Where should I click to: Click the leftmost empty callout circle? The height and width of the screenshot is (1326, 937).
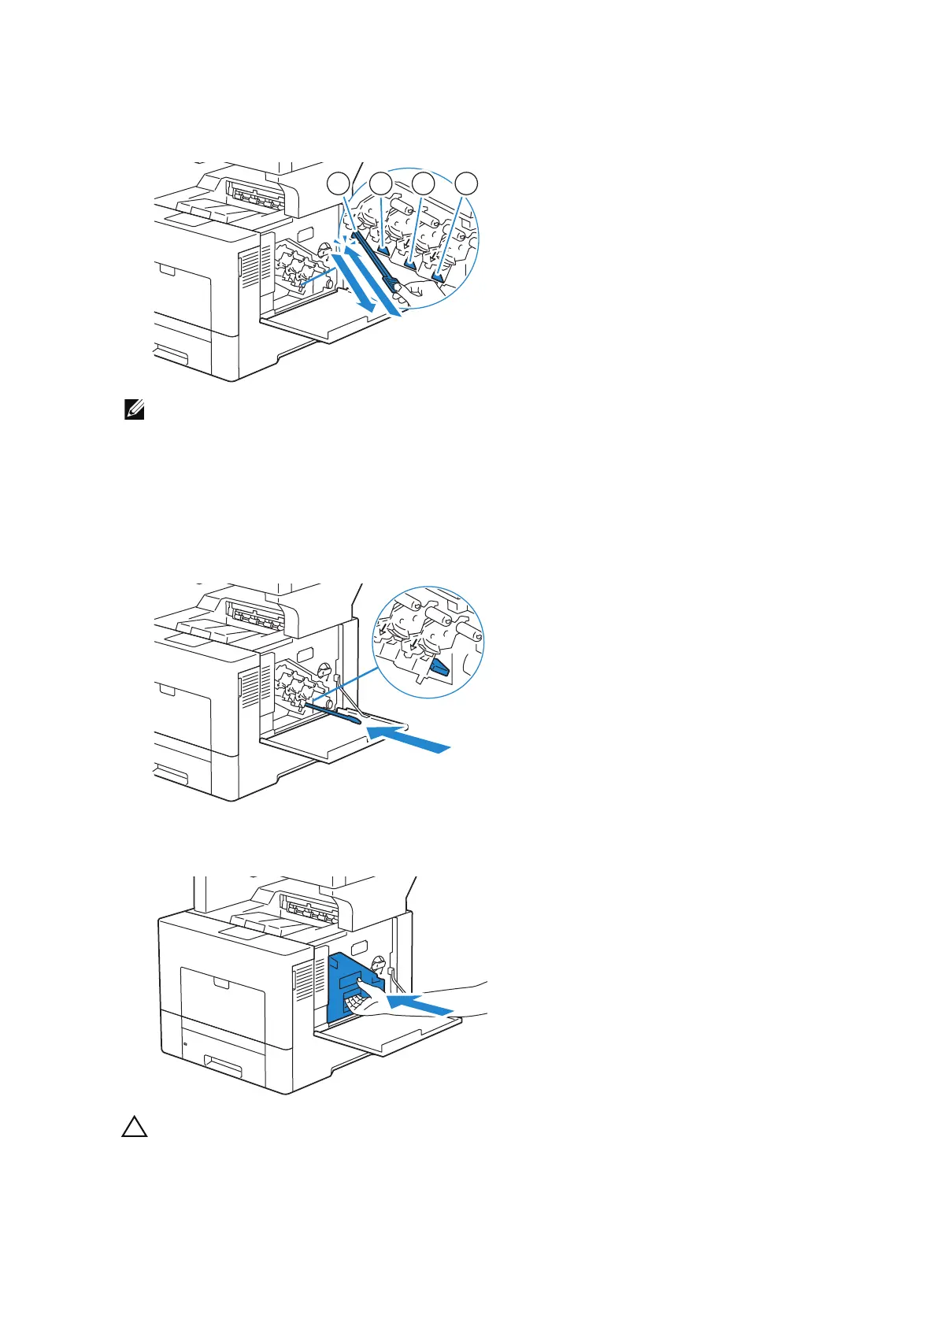(338, 183)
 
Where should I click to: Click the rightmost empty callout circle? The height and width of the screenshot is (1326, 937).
(467, 183)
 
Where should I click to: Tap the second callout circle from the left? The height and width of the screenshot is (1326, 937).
(381, 183)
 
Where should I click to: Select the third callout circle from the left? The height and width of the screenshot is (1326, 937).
(424, 183)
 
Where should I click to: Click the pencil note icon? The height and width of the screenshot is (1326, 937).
(134, 409)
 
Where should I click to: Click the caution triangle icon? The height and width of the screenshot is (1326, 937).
(135, 1128)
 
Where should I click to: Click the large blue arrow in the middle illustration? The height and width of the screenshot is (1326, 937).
(409, 739)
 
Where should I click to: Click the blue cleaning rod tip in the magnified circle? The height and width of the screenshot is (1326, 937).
(438, 669)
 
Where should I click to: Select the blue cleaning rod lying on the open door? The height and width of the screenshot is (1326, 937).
(335, 712)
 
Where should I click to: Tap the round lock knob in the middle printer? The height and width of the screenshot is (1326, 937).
(324, 667)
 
